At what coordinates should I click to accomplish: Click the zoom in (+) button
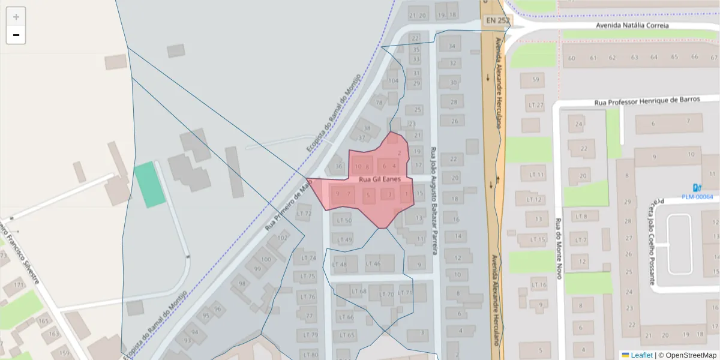(16, 17)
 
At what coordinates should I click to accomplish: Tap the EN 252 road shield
(497, 20)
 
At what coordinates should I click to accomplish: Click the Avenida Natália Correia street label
(632, 26)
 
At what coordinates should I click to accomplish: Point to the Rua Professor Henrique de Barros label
(647, 101)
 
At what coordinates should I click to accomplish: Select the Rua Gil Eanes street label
(376, 179)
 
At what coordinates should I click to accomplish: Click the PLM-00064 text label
(697, 197)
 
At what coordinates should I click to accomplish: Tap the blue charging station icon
(697, 187)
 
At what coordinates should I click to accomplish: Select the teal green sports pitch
(149, 185)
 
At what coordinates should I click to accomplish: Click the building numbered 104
(393, 81)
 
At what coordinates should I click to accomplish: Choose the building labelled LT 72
(304, 214)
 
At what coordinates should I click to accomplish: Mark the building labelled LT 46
(373, 264)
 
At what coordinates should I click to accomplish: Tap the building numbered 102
(283, 238)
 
